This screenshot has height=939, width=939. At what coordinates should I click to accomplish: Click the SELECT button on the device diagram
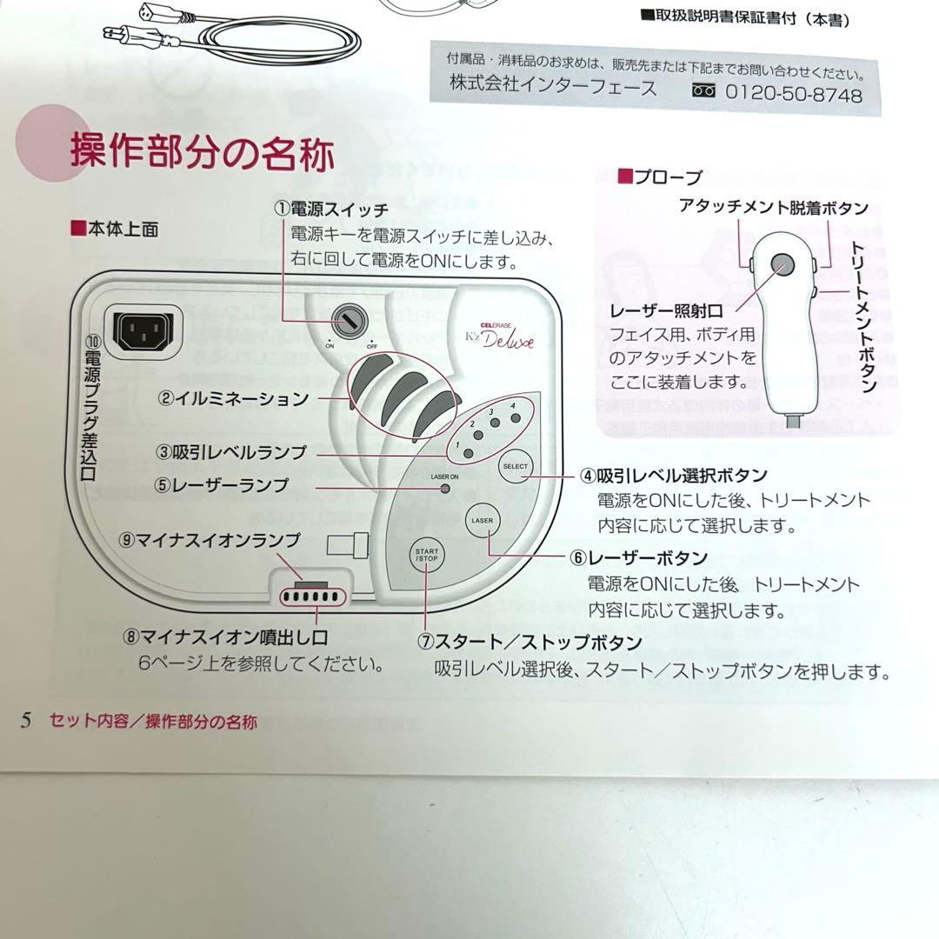coord(514,467)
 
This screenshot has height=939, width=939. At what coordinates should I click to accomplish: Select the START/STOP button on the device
coord(426,556)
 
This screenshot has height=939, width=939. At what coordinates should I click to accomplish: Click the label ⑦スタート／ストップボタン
coord(529,643)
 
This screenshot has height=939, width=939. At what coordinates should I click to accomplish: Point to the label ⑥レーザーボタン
coord(638,557)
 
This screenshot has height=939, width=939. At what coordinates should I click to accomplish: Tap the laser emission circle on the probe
coord(779,265)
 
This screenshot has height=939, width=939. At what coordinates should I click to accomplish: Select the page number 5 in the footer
coord(26,720)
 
